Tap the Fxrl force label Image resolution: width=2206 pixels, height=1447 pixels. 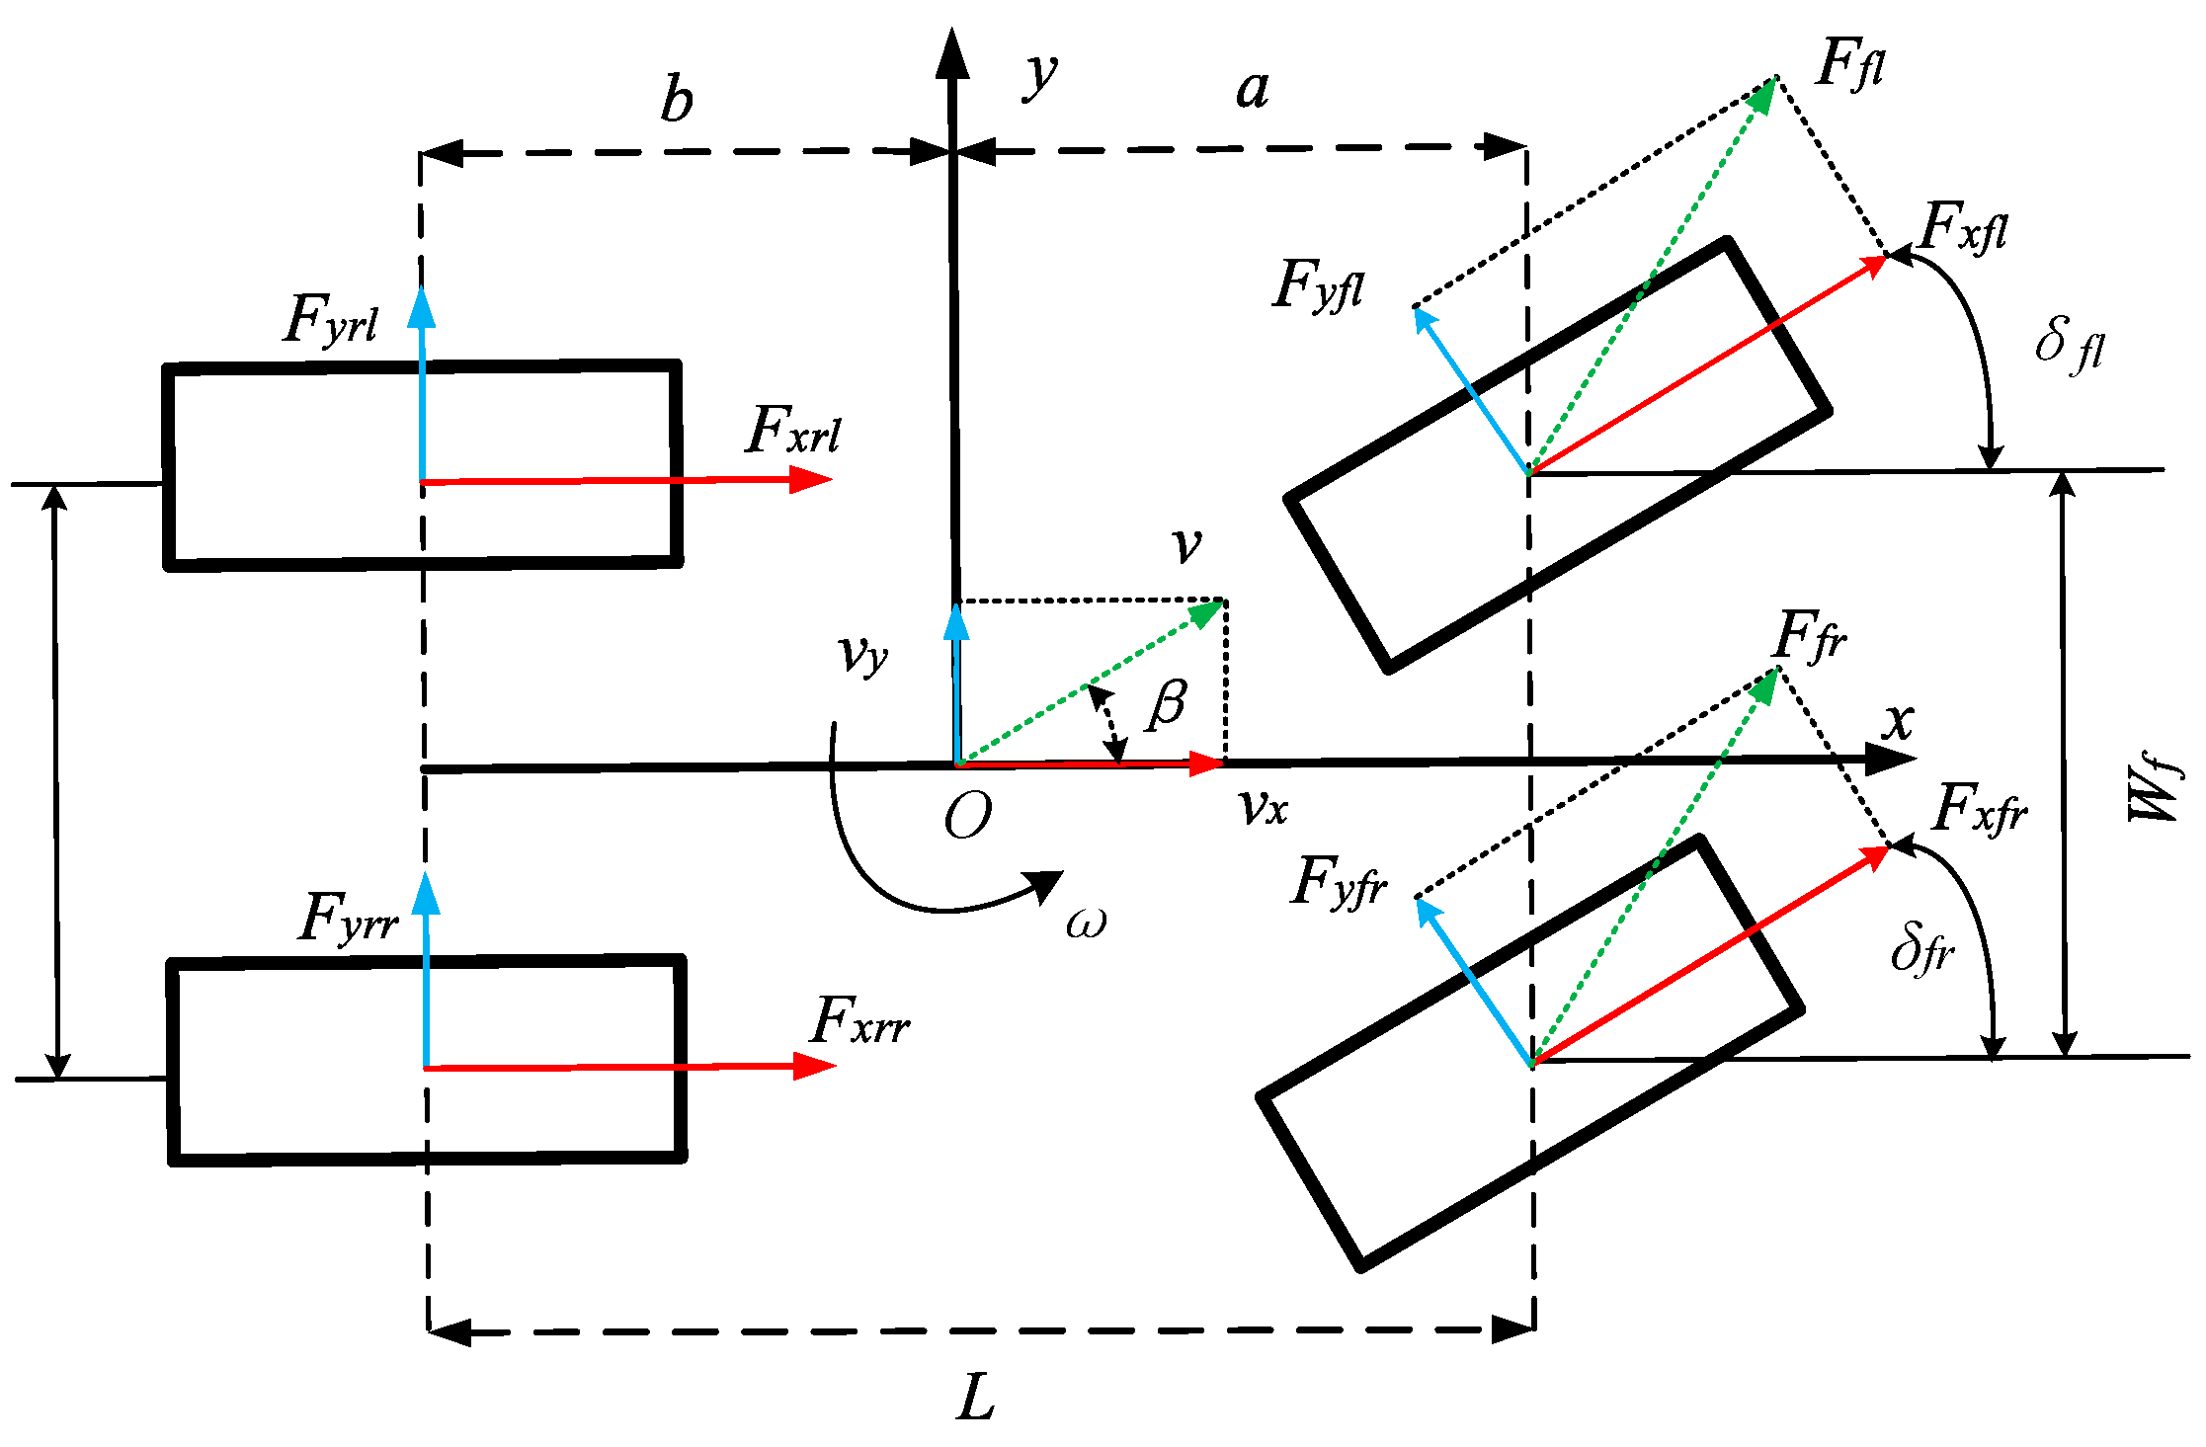(793, 431)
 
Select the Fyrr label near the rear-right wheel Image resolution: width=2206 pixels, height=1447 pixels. (347, 918)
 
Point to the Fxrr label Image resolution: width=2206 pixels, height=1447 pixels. (859, 1021)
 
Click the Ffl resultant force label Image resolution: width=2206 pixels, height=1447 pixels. (1850, 65)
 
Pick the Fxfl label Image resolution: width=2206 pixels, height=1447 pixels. (1963, 228)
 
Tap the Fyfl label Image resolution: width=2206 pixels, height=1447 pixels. (1319, 286)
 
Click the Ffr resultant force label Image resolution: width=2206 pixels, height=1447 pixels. (1810, 636)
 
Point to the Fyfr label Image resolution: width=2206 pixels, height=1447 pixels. (1339, 882)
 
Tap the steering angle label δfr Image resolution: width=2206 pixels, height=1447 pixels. (1921, 949)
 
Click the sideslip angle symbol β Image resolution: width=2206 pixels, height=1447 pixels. (1167, 705)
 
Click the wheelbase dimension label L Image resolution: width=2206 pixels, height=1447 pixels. (976, 1399)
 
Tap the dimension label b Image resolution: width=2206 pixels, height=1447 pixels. (677, 101)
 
